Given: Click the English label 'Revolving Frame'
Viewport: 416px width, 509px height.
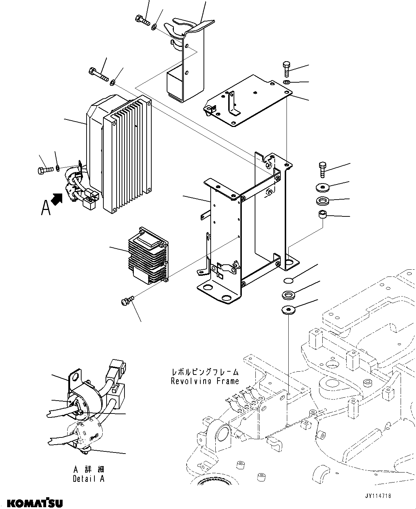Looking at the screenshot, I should click(x=205, y=381).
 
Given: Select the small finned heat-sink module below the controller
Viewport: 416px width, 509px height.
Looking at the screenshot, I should click(x=147, y=256).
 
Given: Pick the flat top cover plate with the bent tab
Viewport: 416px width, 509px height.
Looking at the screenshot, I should click(x=247, y=101).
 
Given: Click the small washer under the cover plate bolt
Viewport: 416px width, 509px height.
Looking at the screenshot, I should click(x=287, y=83).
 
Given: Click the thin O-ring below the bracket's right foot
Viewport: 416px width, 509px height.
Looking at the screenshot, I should click(x=288, y=280).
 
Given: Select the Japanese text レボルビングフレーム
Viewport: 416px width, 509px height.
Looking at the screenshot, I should click(x=205, y=372).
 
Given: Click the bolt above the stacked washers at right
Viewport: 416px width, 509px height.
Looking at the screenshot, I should click(x=322, y=169).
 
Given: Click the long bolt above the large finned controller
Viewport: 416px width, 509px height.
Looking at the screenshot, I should click(x=97, y=74).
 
